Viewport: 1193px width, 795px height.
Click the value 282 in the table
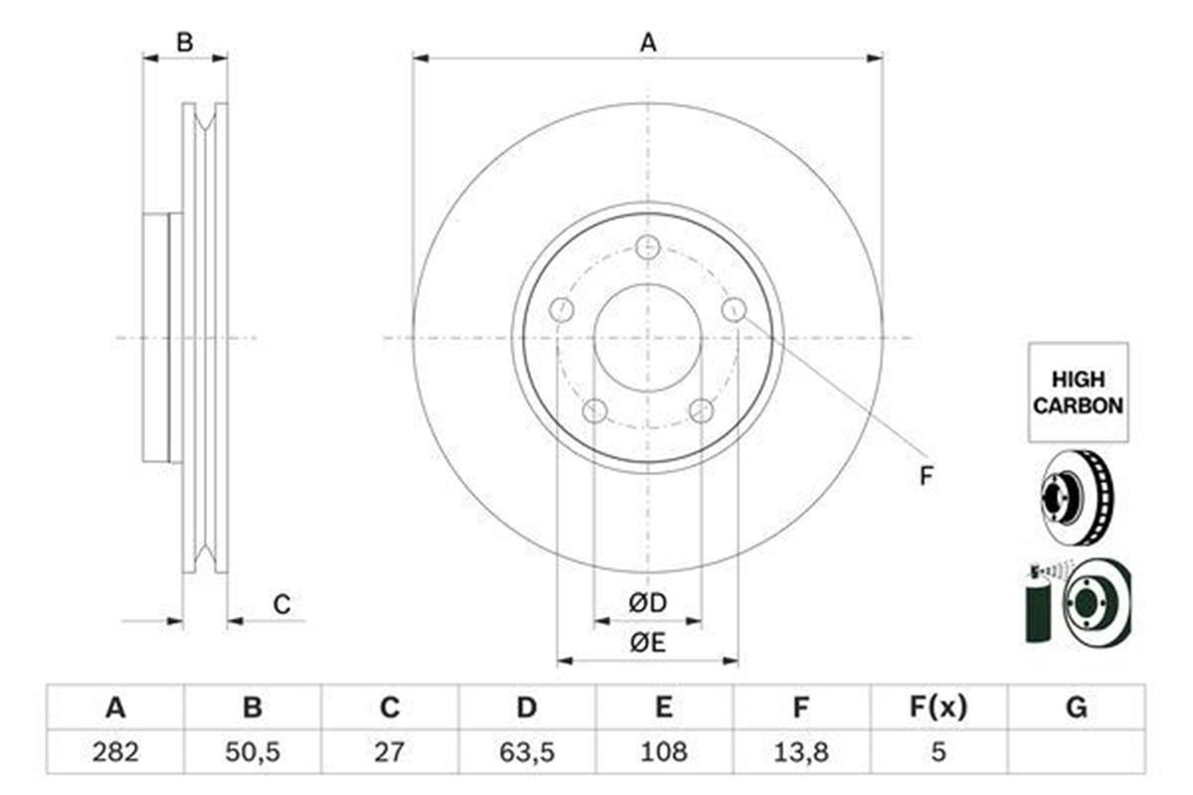click(x=115, y=751)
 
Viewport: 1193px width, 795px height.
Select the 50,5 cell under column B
click(x=253, y=751)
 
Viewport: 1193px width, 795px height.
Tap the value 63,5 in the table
click(x=527, y=751)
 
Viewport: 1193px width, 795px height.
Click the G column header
click(x=1076, y=709)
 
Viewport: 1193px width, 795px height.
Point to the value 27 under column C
click(x=390, y=751)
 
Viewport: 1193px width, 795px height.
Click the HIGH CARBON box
click(x=1078, y=393)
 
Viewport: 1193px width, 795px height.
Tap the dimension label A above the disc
click(x=647, y=42)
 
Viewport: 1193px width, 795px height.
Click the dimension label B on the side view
click(x=184, y=42)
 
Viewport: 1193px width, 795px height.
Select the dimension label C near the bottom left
click(x=282, y=603)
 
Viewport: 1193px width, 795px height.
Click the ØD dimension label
click(x=647, y=602)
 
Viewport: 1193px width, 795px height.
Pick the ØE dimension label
click(x=647, y=643)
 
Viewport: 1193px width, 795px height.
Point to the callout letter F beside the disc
click(x=926, y=476)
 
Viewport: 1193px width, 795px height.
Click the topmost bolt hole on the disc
click(x=647, y=246)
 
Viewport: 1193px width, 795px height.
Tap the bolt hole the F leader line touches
click(x=734, y=309)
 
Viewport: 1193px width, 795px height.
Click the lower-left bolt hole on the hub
click(x=595, y=410)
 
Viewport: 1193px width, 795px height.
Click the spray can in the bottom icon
click(x=1038, y=611)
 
